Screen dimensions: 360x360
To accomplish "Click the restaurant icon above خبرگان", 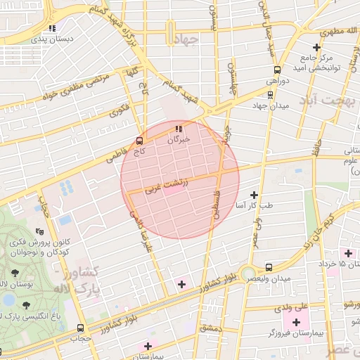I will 176,129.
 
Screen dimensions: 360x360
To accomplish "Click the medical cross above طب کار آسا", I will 254,195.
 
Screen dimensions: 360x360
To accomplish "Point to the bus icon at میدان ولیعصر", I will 269,267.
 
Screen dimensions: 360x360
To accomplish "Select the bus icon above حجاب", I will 80,328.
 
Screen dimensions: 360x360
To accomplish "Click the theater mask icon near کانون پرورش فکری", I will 40,230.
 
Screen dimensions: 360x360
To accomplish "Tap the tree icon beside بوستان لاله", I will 15,272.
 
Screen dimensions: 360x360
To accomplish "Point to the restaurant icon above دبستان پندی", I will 51,29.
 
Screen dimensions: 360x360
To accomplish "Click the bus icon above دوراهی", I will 277,70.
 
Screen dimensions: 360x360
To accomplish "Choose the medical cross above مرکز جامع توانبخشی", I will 317,46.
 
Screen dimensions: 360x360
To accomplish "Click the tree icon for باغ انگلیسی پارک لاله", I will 27,304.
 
